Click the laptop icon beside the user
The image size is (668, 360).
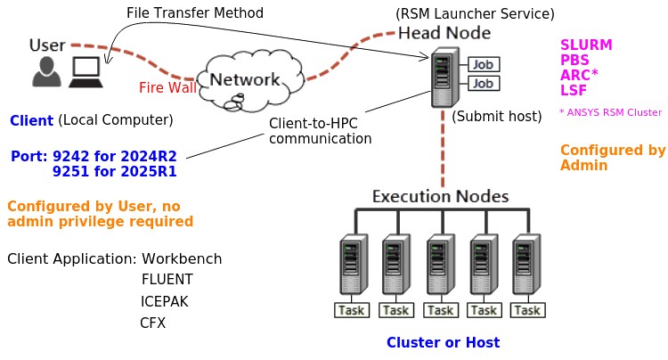[86, 72]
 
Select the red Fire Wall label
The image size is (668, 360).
[167, 88]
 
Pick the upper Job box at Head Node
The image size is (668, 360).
[483, 64]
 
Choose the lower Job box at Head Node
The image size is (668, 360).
[483, 84]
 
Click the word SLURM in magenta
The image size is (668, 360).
[586, 45]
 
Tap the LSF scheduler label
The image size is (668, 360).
[574, 90]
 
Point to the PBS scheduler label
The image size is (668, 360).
[574, 60]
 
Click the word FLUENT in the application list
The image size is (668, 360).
[167, 280]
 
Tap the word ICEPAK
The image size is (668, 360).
[164, 301]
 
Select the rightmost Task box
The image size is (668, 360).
[527, 310]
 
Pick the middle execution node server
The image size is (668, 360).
[440, 265]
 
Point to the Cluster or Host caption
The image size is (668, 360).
[443, 342]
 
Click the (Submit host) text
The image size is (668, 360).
[497, 116]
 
